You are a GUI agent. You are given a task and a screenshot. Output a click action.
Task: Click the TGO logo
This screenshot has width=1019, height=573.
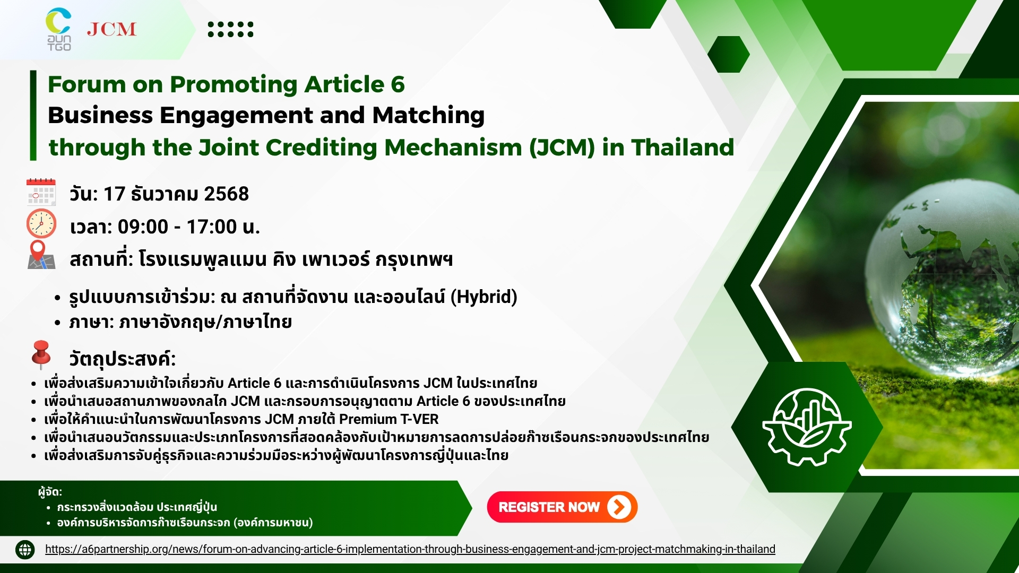point(58,30)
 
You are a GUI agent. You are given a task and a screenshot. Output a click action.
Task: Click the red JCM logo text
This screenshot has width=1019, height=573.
point(111,29)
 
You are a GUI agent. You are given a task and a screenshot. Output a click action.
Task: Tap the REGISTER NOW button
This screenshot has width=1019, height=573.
point(562,507)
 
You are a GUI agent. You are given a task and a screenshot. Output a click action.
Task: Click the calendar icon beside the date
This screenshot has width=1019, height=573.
point(41,192)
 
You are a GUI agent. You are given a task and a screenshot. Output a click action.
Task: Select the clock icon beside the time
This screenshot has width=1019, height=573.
point(41,224)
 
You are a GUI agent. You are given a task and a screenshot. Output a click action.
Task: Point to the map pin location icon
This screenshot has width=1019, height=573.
point(40,255)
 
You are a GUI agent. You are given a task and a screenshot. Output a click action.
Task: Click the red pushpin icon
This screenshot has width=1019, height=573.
point(41,354)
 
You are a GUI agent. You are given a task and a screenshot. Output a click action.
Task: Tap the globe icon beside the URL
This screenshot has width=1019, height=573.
point(25,550)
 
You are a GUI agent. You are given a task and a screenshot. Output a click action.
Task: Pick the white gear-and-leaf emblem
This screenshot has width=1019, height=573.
point(807,427)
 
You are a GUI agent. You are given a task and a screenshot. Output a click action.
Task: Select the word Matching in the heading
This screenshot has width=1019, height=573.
point(428,115)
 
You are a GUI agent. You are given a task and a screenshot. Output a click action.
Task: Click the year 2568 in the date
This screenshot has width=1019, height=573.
point(226,194)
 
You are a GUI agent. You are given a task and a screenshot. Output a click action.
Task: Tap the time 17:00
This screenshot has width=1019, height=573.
point(211,227)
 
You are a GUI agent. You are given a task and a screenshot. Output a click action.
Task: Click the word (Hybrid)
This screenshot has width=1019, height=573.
point(483,297)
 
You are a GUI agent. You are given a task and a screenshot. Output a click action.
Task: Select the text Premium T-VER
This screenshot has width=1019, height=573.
point(388,419)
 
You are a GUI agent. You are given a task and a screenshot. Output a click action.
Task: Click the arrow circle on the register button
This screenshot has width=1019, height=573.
point(618,507)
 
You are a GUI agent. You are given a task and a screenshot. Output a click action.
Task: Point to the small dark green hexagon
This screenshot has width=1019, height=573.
point(728,54)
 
